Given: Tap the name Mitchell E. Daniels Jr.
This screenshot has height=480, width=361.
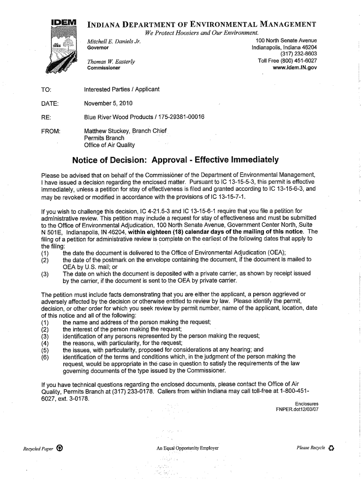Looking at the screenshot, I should (114, 41).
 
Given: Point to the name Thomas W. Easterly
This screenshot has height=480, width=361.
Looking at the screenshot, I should (111, 61).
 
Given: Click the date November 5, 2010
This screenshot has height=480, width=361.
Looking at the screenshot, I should (108, 103).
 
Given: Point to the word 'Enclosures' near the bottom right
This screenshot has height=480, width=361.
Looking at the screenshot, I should (307, 404).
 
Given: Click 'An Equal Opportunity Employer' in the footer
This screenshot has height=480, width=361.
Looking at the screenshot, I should (188, 448).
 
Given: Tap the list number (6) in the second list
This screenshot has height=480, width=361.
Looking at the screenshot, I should (45, 356).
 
